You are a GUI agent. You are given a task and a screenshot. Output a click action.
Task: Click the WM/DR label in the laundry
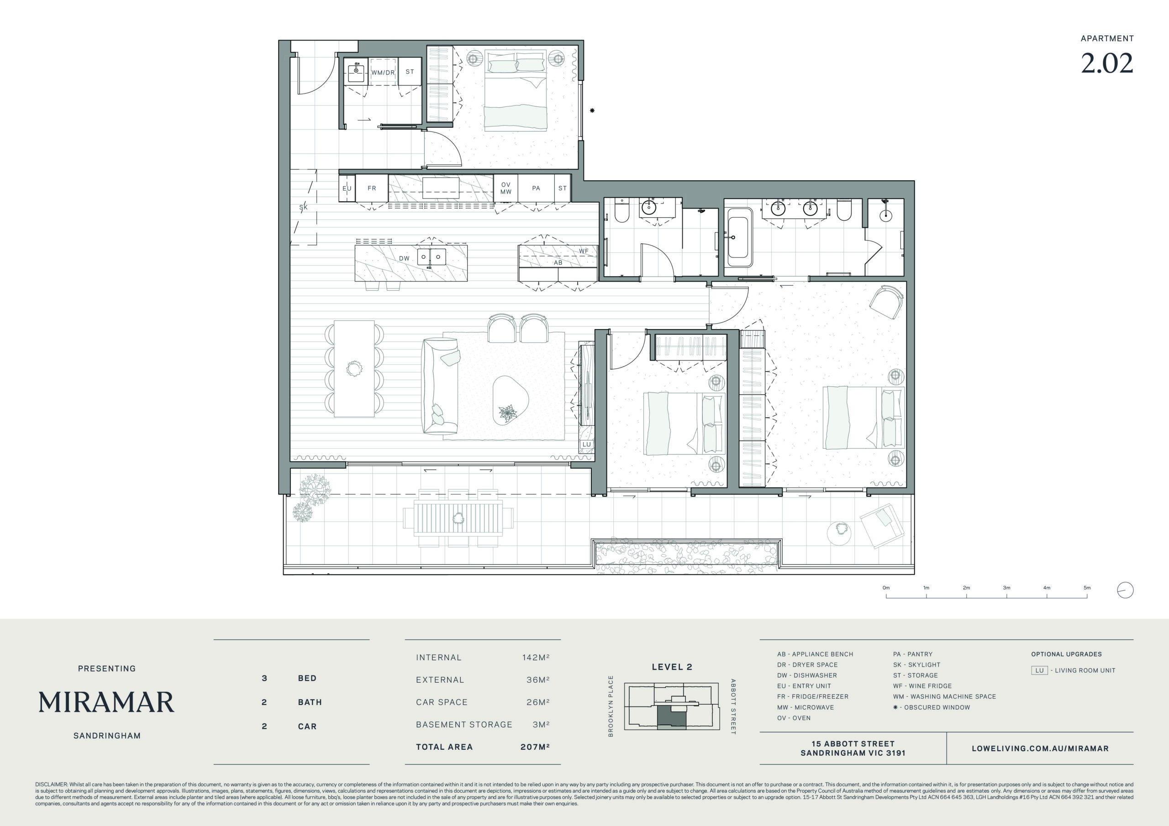(383, 73)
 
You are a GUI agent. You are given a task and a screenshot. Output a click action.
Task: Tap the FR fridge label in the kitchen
(372, 188)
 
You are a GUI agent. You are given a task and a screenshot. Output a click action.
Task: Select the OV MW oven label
(506, 188)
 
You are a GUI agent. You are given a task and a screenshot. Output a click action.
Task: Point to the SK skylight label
(304, 207)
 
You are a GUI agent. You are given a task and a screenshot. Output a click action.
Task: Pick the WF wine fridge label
(584, 251)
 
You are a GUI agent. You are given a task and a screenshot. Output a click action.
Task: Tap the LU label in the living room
(586, 444)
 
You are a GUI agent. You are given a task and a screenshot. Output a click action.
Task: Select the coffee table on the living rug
(511, 401)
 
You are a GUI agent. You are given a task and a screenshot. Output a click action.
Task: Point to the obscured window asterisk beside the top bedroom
(592, 110)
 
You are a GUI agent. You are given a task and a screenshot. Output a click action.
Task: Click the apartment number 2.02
(1107, 63)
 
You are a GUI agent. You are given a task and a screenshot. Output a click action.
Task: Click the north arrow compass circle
(1125, 591)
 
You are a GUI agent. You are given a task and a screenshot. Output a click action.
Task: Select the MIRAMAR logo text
(106, 702)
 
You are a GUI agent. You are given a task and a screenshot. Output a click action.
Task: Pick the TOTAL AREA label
(444, 747)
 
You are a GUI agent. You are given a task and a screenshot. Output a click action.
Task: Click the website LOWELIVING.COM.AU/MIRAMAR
(1040, 748)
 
